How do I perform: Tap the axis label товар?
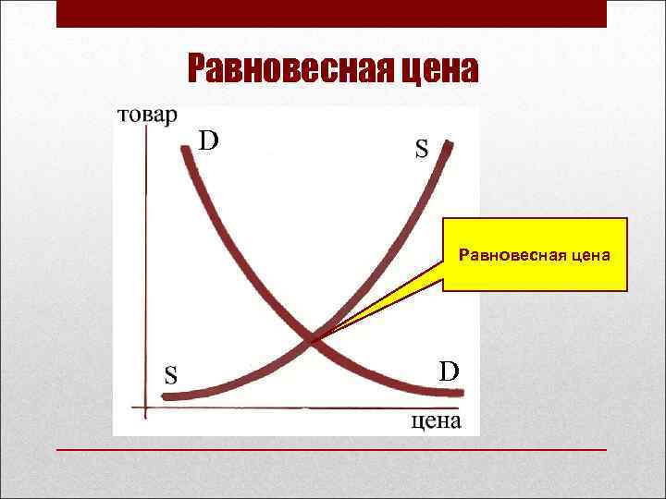[x=144, y=116]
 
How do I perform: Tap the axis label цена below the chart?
[x=434, y=421]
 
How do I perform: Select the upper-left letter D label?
[x=210, y=141]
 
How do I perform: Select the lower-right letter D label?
[x=449, y=371]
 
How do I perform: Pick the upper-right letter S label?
[x=421, y=149]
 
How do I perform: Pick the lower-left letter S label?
[x=172, y=375]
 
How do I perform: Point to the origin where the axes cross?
[x=146, y=407]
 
